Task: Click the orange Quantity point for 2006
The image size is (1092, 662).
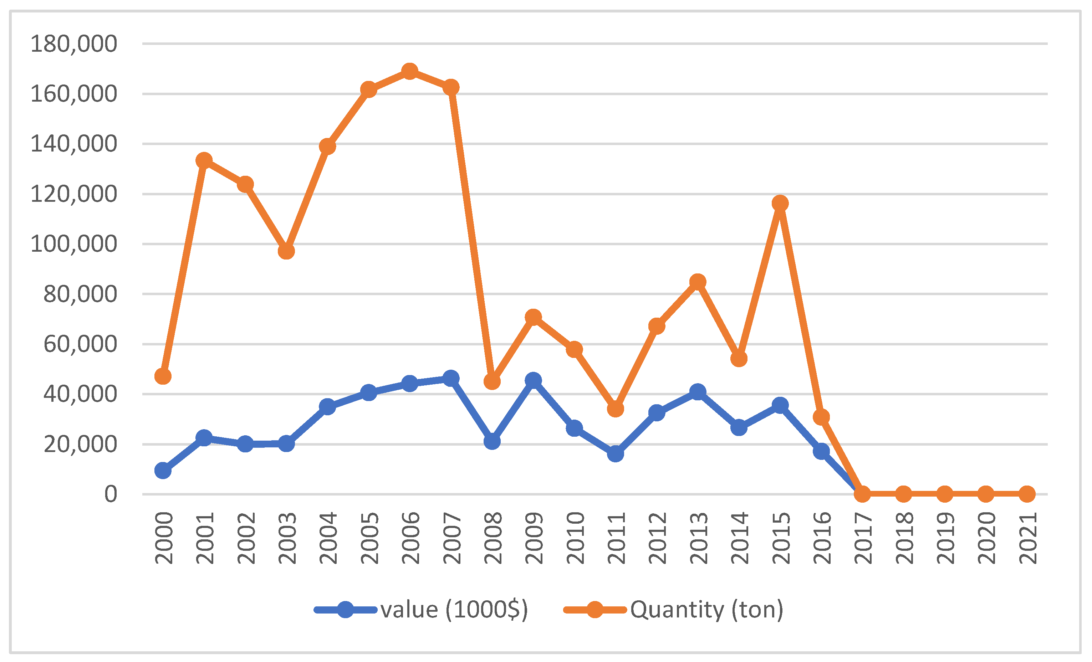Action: click(x=409, y=71)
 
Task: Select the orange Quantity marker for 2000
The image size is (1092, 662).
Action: click(x=163, y=376)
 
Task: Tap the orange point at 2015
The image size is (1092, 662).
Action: click(x=780, y=204)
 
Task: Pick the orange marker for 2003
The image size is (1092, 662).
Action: click(x=286, y=251)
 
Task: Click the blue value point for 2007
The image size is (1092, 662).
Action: click(x=451, y=378)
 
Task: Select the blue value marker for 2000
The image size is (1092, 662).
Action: click(x=163, y=471)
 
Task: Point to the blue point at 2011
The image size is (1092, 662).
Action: click(x=616, y=454)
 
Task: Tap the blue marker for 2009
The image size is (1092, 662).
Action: click(x=533, y=380)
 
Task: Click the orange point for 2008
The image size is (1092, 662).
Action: click(x=492, y=381)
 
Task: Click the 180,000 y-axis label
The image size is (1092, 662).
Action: click(x=73, y=44)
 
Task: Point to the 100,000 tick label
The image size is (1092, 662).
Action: click(x=73, y=244)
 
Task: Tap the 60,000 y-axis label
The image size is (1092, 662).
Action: click(x=80, y=344)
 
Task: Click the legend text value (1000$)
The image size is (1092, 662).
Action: click(x=454, y=610)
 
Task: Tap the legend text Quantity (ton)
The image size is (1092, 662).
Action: click(x=707, y=610)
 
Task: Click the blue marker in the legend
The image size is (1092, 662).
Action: click(x=345, y=610)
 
